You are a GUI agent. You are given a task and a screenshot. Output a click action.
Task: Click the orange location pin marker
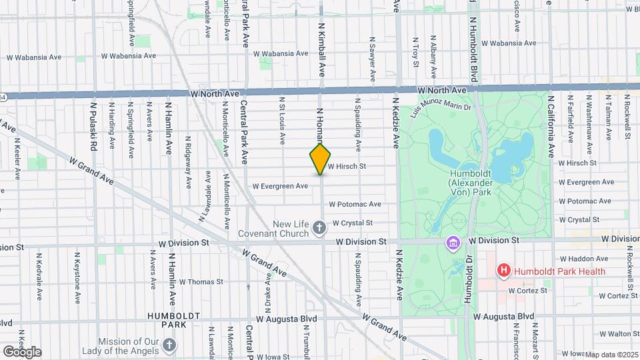tap(321, 159)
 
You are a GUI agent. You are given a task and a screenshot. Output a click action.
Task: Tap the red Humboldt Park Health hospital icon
tap(503, 271)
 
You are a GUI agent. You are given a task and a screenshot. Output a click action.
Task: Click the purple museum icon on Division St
tap(453, 243)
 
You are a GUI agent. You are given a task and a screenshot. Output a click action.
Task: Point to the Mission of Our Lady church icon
tap(170, 345)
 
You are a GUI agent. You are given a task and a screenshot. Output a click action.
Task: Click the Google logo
tap(22, 352)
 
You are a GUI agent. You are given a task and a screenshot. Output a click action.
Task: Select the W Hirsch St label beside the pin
tap(348, 167)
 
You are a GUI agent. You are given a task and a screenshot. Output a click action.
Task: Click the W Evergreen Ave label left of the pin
tap(280, 186)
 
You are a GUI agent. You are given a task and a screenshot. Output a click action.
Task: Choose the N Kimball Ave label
tap(321, 50)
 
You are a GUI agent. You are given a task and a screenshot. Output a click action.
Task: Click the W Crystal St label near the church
tap(352, 223)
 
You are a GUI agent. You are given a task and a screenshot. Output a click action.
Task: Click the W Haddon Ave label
tap(586, 259)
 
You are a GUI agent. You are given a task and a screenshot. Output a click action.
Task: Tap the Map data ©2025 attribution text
tap(611, 355)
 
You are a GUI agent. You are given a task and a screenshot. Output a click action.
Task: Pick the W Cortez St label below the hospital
tap(527, 291)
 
